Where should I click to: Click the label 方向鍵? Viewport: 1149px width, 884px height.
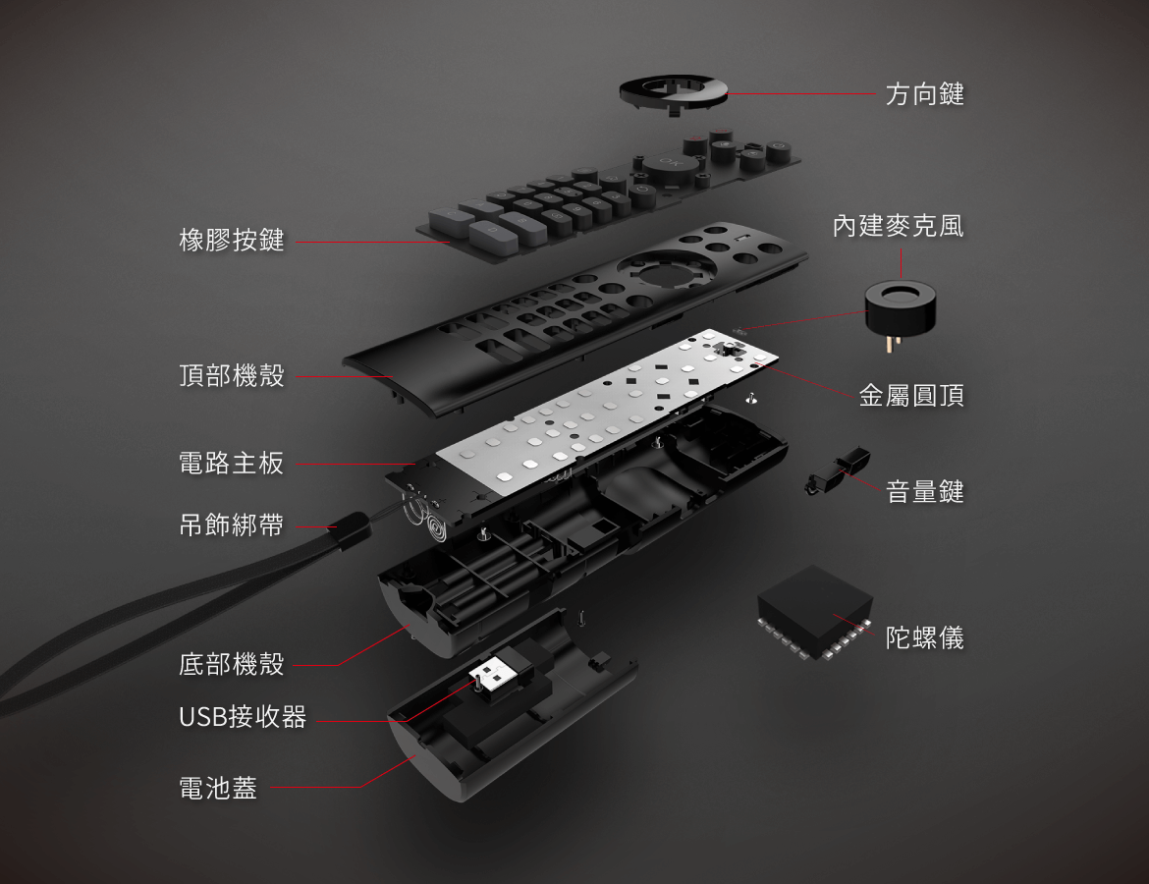[x=924, y=94]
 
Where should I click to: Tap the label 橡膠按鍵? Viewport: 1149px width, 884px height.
[x=232, y=240]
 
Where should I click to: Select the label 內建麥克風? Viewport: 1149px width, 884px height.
[x=898, y=227]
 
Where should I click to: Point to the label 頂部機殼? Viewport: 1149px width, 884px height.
[x=232, y=375]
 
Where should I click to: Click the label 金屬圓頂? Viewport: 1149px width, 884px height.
[x=911, y=396]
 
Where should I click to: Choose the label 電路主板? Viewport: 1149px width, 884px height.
[x=232, y=464]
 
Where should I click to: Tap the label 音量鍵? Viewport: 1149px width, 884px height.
[x=924, y=491]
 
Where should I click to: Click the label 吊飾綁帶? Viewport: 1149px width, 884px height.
[x=232, y=526]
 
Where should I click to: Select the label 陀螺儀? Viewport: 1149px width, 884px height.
[x=924, y=638]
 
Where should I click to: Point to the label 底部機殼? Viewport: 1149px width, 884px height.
[x=232, y=665]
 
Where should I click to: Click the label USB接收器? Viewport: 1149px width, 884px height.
[x=243, y=717]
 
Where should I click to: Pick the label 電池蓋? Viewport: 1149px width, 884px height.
[x=218, y=788]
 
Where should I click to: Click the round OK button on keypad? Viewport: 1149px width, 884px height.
[x=669, y=164]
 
